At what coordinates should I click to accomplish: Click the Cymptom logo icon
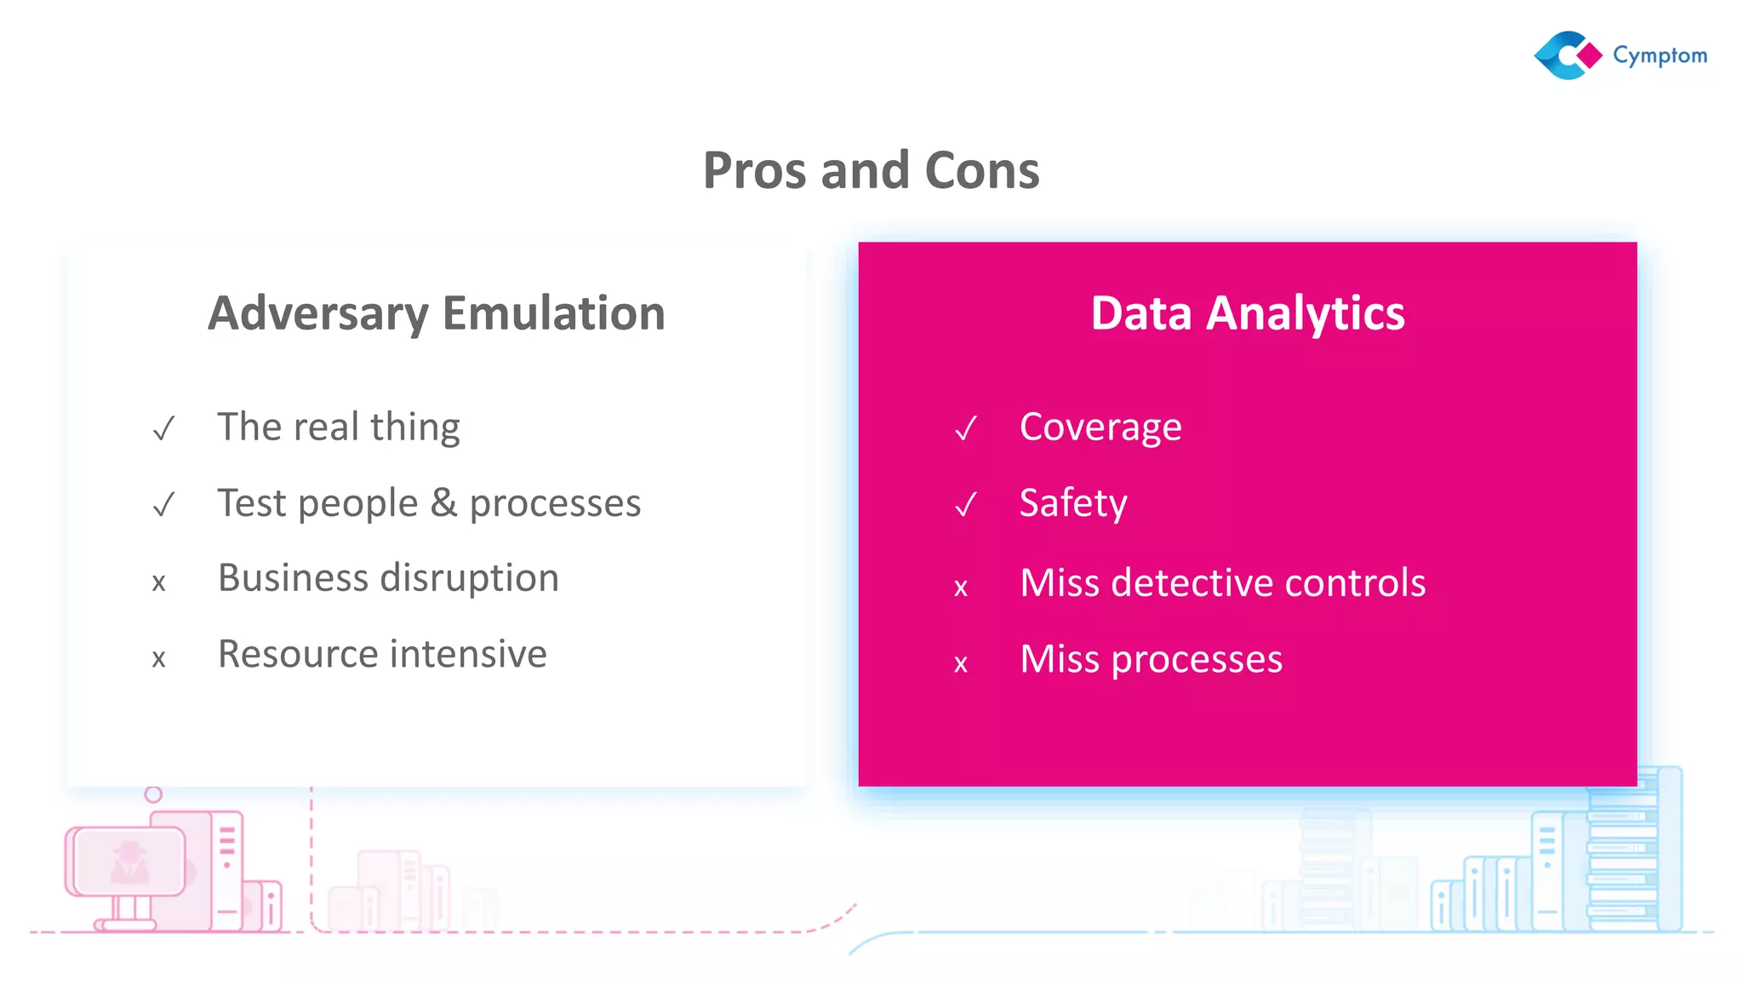coord(1568,55)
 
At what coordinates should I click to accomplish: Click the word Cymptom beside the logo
coord(1660,56)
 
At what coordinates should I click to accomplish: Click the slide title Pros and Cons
coord(871,170)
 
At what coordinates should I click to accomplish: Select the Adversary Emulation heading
coord(437,313)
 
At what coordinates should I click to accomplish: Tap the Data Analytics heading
coord(1247,313)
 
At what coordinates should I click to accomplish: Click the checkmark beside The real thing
coord(163,428)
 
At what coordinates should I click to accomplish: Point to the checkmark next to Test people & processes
coord(163,505)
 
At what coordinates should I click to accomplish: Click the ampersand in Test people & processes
coord(443,502)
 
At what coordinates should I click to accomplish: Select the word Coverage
coord(1100,427)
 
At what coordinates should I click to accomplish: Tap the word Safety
coord(1073,503)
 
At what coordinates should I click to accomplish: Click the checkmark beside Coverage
coord(965,428)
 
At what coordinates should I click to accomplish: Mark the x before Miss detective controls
coord(961,588)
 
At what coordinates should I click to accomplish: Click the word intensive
coord(468,654)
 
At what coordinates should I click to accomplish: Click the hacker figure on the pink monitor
coord(129,862)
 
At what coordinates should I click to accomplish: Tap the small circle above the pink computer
coord(153,795)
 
